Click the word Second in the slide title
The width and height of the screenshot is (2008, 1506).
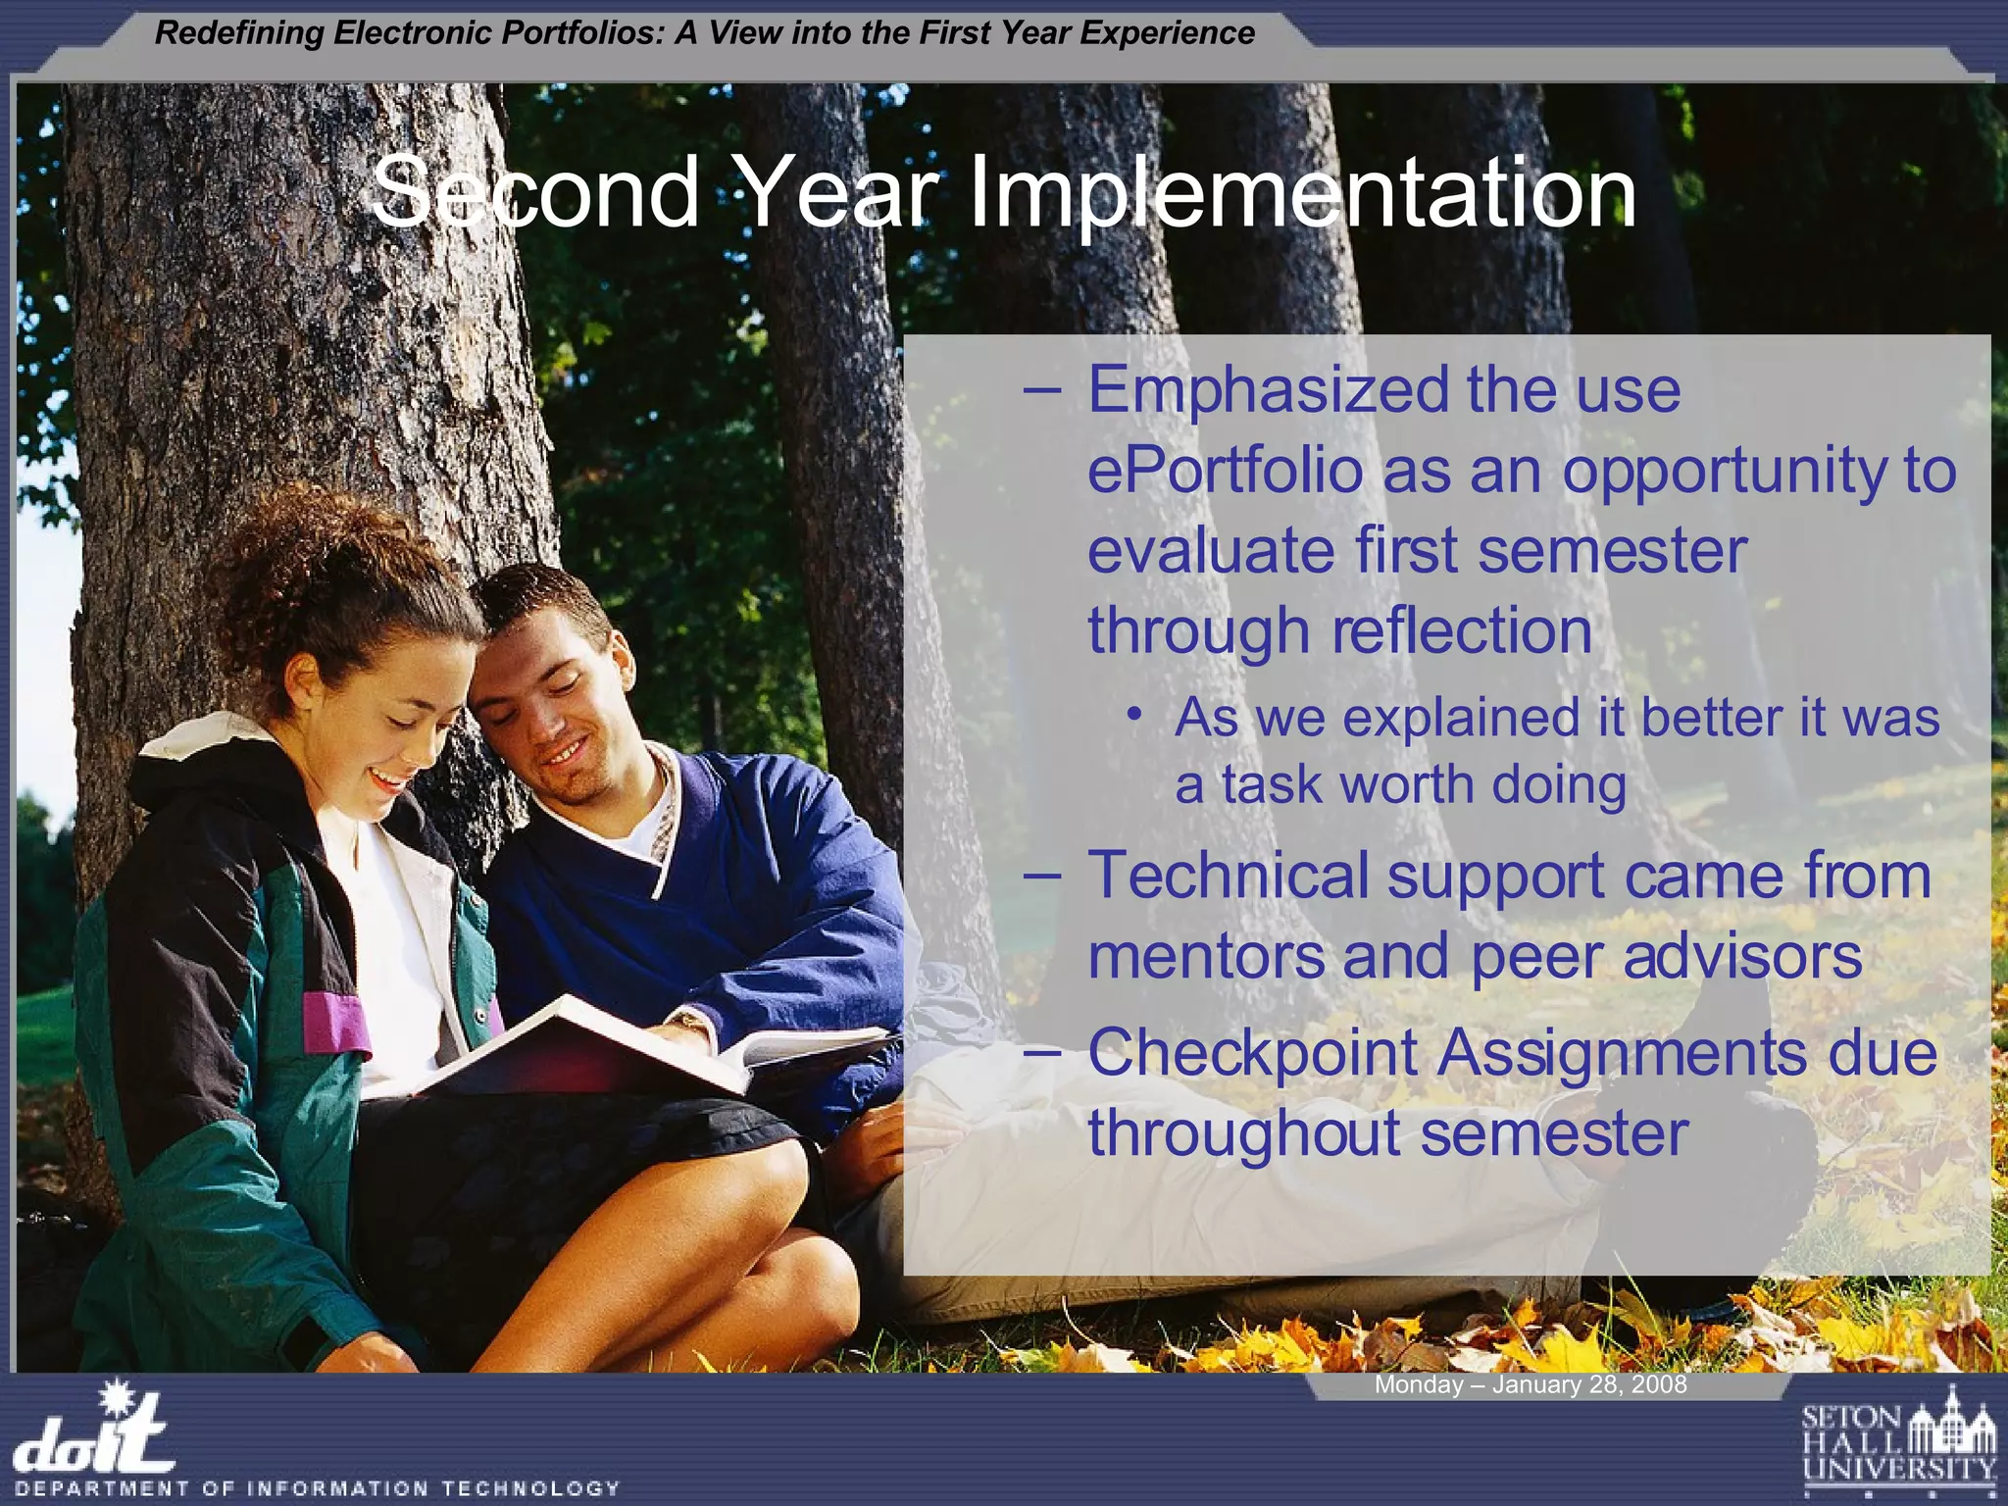point(534,193)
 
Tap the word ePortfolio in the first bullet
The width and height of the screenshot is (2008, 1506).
point(1226,471)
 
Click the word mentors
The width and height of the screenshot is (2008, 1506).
point(1206,956)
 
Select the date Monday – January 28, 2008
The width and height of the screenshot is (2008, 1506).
point(1530,1384)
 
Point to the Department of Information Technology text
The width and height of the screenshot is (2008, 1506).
point(318,1488)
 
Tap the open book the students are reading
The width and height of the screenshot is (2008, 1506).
point(627,1049)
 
